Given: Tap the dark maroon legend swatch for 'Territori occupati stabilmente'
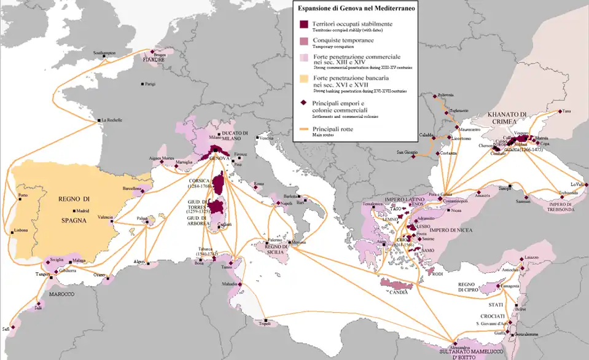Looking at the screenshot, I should pyautogui.click(x=303, y=24).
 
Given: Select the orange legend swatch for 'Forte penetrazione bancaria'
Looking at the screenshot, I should pyautogui.click(x=303, y=80).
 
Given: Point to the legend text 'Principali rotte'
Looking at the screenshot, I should pyautogui.click(x=333, y=129).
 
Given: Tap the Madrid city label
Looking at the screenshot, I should pyautogui.click(x=82, y=210).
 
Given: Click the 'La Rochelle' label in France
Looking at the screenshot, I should pyautogui.click(x=113, y=120).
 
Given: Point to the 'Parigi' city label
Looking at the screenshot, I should pyautogui.click(x=150, y=84).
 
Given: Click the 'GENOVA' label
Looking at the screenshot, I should pyautogui.click(x=219, y=158).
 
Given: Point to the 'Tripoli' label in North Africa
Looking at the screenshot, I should pyautogui.click(x=265, y=324).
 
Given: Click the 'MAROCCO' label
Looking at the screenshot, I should pyautogui.click(x=61, y=294).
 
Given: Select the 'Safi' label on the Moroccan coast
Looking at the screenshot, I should pyautogui.click(x=6, y=329).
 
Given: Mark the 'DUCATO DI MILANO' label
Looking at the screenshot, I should pyautogui.click(x=236, y=136).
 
